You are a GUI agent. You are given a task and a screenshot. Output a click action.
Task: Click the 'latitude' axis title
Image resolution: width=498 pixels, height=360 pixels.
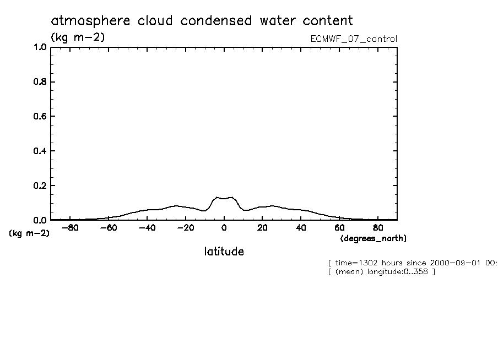point(224,252)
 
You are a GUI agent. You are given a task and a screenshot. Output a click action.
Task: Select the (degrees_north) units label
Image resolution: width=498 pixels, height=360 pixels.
point(373,238)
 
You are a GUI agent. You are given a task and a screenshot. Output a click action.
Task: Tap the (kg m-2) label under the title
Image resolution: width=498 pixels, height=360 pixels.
point(77,37)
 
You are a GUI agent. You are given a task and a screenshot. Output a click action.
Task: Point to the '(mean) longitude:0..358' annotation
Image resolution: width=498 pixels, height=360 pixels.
point(381,272)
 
